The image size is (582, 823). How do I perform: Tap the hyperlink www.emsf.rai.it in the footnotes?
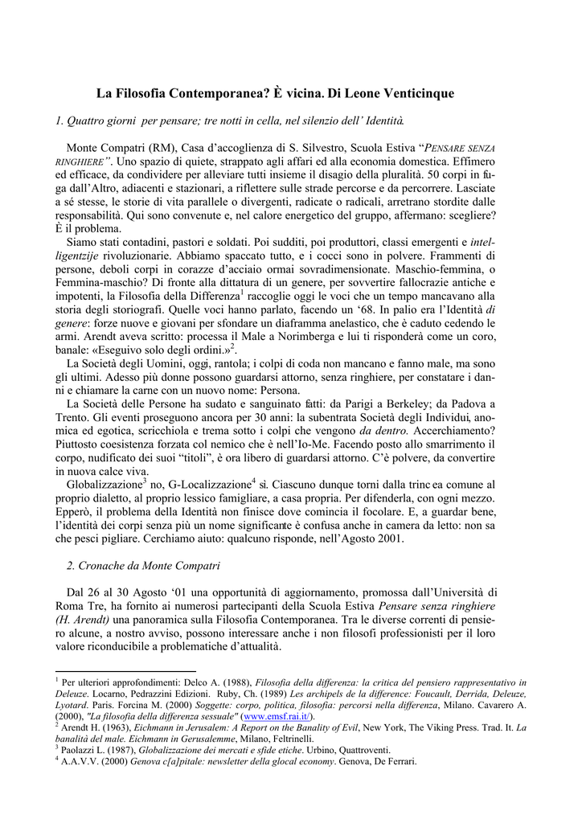278,716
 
